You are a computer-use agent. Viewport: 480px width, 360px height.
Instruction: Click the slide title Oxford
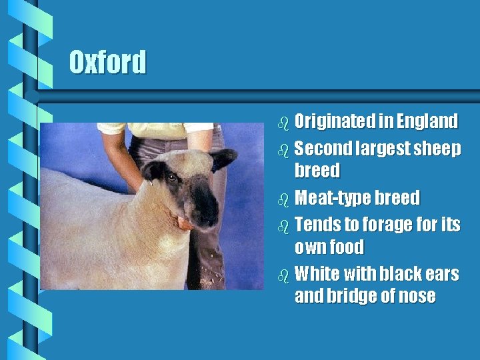point(107,63)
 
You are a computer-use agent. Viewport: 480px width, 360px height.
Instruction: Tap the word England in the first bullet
point(427,121)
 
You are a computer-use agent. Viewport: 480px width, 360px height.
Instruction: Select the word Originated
point(335,121)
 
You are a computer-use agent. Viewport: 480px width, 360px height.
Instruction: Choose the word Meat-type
point(332,198)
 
